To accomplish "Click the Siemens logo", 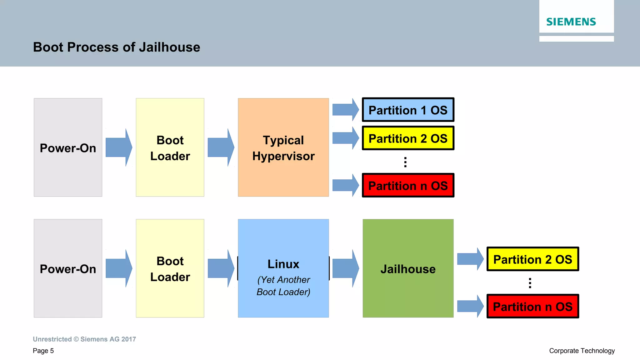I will (571, 22).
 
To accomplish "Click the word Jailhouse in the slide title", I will (169, 47).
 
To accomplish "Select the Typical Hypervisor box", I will (283, 147).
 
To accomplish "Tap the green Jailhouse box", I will (408, 268).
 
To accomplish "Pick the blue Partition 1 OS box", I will (408, 110).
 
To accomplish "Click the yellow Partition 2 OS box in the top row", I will (408, 138).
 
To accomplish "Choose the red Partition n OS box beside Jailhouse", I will (532, 307).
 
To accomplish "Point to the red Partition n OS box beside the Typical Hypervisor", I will (408, 186).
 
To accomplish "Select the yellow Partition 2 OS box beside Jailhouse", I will (532, 259).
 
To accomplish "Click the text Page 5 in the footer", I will (43, 351).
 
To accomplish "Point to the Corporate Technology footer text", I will (582, 351).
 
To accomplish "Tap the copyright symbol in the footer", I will (76, 339).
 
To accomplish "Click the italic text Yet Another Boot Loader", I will (283, 286).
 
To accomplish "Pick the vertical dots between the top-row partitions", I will (405, 162).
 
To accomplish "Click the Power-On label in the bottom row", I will (68, 269).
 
